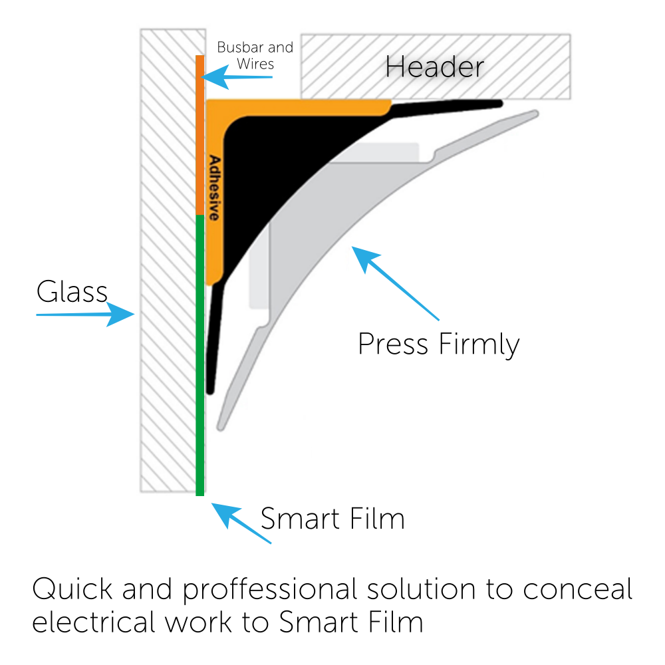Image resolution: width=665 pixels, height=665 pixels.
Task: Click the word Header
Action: tap(434, 67)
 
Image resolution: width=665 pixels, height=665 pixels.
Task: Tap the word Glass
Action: tap(72, 292)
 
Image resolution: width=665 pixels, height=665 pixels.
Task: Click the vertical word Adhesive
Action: tap(214, 188)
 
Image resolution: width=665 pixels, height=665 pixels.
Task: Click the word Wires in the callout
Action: tap(255, 65)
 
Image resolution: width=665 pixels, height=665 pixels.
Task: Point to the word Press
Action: tap(392, 344)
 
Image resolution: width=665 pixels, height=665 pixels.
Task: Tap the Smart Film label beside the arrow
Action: tap(332, 519)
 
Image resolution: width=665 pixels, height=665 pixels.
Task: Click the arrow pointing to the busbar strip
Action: tap(237, 78)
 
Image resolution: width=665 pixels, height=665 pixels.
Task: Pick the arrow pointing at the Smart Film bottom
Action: tap(241, 524)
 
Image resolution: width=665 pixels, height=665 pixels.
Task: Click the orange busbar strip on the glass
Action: tap(199, 133)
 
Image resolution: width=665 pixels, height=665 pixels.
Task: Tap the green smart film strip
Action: tap(199, 352)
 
